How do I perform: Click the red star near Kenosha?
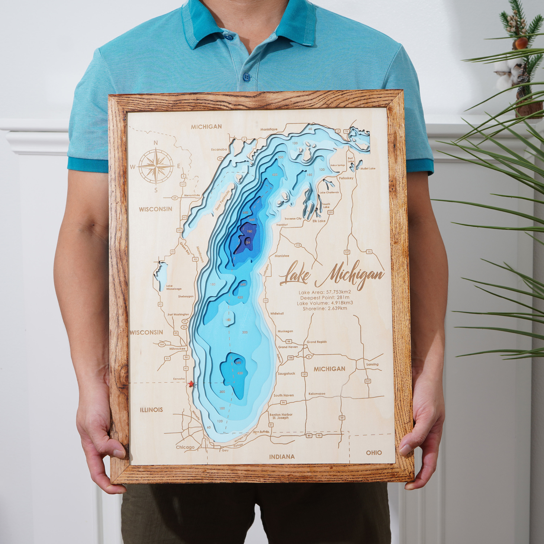[191, 384]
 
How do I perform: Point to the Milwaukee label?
[177, 349]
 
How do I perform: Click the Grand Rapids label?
[317, 342]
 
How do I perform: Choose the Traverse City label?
[293, 219]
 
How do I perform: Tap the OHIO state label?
[374, 452]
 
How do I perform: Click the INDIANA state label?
[282, 457]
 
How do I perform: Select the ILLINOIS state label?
[151, 409]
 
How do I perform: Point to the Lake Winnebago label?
[174, 287]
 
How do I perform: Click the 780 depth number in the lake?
[249, 231]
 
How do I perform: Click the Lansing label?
[372, 364]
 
